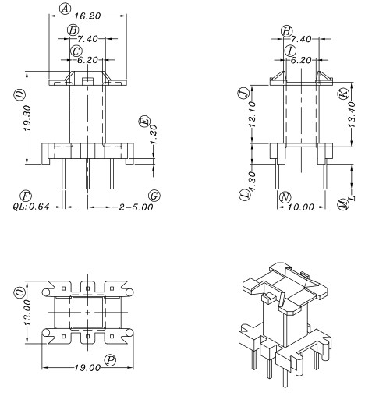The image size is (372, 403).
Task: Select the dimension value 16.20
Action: tap(87, 16)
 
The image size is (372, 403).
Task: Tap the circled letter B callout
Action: tap(73, 30)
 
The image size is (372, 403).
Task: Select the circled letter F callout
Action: tap(26, 194)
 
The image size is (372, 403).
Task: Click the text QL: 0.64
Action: tap(32, 207)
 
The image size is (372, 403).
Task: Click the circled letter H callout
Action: tap(287, 31)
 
